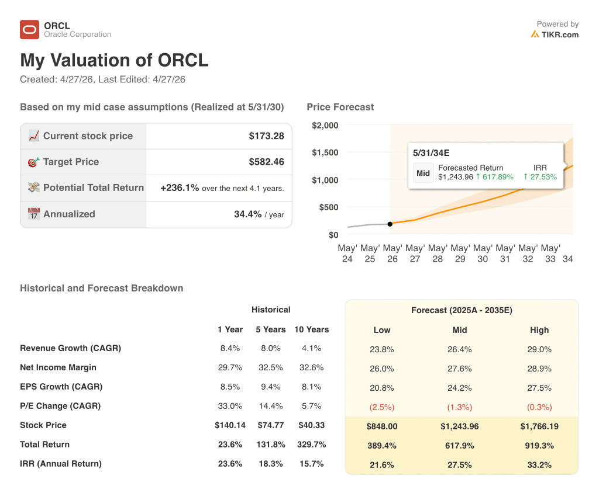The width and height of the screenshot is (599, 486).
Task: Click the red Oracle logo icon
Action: pos(29,29)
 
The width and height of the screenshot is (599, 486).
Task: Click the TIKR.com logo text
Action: pos(560,34)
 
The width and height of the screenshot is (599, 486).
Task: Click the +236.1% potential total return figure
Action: pos(180,188)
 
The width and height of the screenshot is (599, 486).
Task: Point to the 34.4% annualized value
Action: pos(247,214)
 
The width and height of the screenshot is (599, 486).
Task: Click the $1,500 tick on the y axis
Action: pos(325,152)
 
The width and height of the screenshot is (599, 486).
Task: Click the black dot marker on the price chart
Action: pos(390,224)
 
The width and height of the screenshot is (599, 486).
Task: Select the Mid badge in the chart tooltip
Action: pos(423,173)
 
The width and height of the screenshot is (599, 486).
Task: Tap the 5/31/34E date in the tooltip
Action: pos(431,153)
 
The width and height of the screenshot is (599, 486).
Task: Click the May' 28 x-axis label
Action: pos(438,254)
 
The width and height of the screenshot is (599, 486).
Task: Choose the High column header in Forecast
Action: pos(539,330)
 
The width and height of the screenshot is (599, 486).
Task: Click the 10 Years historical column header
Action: pos(311,329)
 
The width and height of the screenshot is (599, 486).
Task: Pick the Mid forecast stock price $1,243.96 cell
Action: pos(460,426)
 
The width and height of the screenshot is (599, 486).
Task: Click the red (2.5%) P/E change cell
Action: pos(382,407)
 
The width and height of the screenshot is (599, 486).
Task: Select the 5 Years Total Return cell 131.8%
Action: pos(270,445)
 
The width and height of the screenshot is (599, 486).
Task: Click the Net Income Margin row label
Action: pos(58,367)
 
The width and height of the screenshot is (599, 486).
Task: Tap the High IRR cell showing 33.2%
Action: pos(539,465)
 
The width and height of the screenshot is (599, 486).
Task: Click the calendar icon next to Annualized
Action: pos(34,214)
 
